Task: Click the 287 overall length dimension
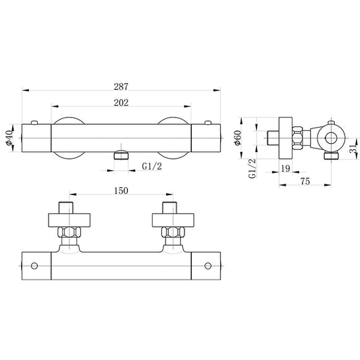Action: [121, 86]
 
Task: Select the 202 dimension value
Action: [121, 103]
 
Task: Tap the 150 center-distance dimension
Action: [121, 190]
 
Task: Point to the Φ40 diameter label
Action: [9, 138]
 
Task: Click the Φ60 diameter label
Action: [238, 138]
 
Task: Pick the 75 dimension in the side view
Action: [305, 182]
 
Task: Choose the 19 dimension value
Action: [286, 169]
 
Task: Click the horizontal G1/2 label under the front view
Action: [152, 166]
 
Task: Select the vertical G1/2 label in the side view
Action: [252, 168]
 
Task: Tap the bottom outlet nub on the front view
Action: [121, 155]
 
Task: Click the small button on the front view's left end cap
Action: [34, 122]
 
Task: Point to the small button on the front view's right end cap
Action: [208, 122]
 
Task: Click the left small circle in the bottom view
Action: [34, 266]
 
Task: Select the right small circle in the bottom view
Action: [208, 266]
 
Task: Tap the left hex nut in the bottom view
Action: [69, 232]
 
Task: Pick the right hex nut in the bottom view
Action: [173, 232]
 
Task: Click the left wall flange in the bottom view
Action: [69, 220]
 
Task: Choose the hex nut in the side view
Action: [297, 138]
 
